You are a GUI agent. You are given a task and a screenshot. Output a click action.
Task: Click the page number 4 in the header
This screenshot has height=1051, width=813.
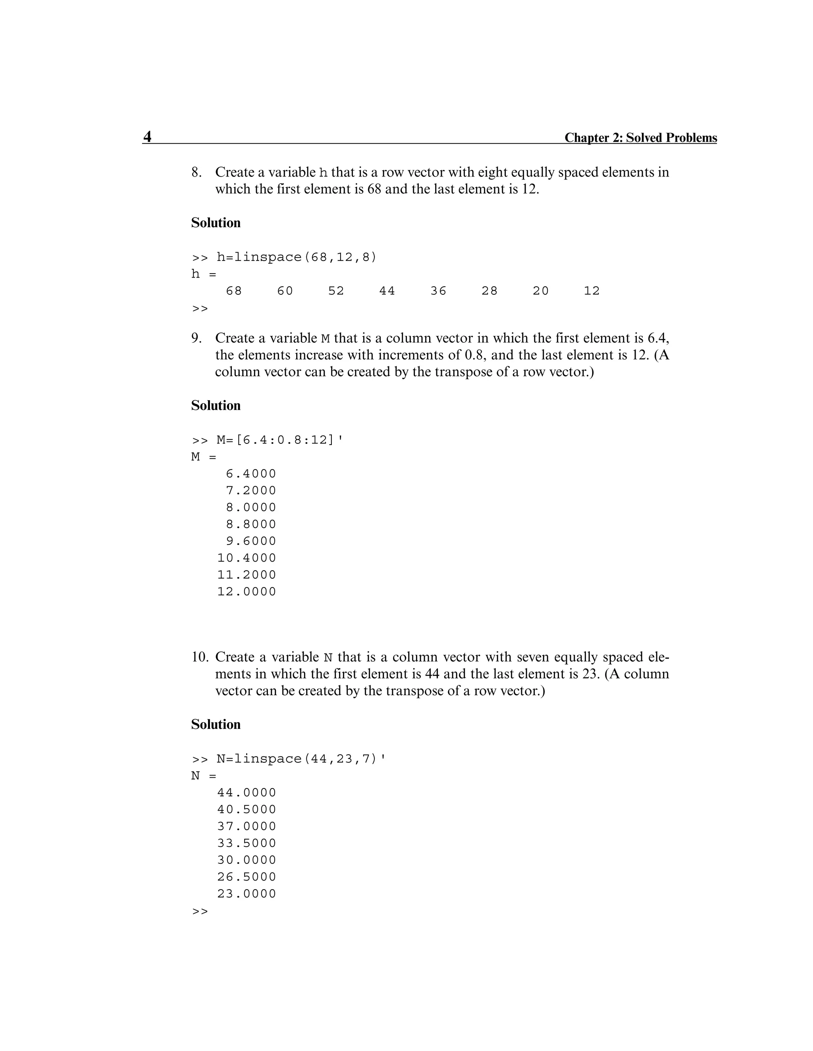(x=147, y=137)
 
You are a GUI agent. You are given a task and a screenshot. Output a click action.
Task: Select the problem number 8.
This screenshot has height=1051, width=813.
(x=196, y=172)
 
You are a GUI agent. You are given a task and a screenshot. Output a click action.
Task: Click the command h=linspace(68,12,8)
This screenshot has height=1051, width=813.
(x=296, y=257)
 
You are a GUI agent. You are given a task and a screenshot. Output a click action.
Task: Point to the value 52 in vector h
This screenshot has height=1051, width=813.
(x=336, y=291)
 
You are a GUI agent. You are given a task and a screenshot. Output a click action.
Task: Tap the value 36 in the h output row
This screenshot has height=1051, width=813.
(x=438, y=291)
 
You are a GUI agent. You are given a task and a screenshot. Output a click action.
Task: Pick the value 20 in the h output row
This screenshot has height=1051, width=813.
(x=540, y=291)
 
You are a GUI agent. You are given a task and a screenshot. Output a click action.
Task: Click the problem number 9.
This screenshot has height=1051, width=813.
(x=196, y=338)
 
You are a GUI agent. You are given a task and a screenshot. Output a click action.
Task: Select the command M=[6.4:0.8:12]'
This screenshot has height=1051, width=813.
(x=280, y=440)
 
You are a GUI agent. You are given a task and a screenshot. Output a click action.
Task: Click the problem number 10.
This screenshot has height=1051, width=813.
(x=199, y=657)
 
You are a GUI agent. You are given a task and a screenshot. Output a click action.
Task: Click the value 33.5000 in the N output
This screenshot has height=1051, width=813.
(x=247, y=844)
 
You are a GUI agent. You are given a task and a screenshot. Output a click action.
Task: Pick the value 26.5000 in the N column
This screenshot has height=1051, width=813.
(x=247, y=877)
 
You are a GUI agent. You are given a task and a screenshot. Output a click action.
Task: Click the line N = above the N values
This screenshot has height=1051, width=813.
(x=203, y=776)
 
